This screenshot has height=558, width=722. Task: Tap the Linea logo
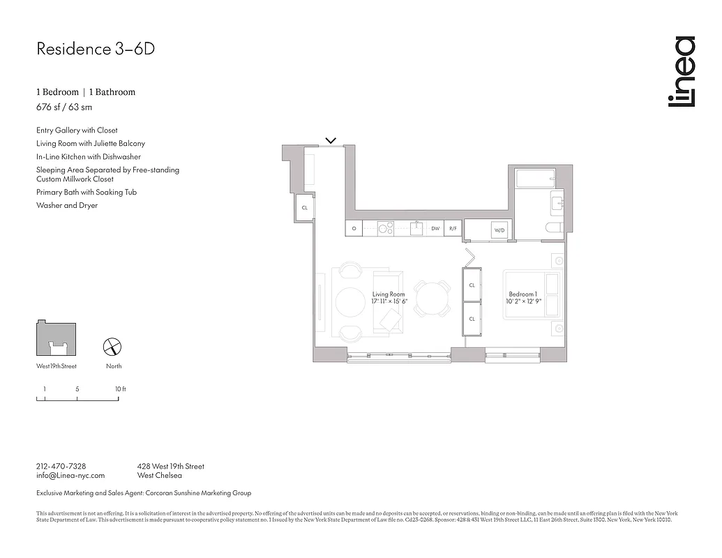(682, 72)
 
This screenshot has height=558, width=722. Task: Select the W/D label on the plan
(499, 230)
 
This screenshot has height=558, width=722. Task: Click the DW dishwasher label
(435, 228)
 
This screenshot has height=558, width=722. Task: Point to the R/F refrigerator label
(453, 228)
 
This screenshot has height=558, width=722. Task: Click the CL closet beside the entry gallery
(304, 208)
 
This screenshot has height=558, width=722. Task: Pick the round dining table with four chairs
(433, 299)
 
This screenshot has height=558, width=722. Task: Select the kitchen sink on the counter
(416, 228)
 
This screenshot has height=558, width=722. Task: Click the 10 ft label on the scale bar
(120, 389)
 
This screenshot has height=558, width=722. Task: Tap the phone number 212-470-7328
(61, 466)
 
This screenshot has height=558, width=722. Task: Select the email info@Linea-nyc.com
(70, 476)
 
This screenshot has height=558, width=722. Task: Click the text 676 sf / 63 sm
(64, 107)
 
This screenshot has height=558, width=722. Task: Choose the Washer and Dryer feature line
(67, 206)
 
